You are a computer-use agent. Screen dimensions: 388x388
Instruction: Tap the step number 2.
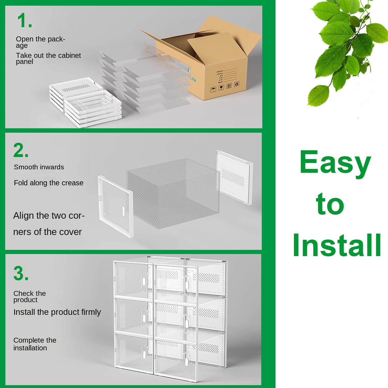21,150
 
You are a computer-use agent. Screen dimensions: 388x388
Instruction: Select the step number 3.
21,273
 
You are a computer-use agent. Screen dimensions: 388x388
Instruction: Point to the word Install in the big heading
337,245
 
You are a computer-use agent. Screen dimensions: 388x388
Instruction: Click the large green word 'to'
330,204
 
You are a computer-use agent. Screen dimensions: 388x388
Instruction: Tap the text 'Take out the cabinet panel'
48,58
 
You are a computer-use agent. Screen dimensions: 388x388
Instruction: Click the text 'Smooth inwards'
39,167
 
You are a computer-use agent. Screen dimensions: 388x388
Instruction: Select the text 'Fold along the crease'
49,183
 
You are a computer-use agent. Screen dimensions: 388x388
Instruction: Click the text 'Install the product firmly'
57,312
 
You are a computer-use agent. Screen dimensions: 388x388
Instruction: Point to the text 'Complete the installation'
35,344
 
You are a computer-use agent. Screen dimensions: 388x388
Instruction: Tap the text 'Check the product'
29,296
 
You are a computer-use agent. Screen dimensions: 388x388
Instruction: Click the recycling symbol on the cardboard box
236,84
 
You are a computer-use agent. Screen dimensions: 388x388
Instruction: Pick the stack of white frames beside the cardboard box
85,103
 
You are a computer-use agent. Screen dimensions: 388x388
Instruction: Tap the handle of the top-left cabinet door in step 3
144,281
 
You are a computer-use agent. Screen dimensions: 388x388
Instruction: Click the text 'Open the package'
40,42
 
